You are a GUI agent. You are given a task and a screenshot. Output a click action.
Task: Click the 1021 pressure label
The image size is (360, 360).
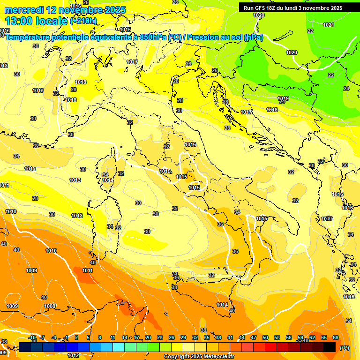coord(329,25)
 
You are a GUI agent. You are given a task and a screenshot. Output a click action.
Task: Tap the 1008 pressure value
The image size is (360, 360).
coord(50,306)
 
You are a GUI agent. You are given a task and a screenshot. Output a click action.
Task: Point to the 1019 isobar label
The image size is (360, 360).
coord(283,98)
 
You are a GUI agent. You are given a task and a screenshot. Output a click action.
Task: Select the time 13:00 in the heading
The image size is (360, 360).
coord(19,21)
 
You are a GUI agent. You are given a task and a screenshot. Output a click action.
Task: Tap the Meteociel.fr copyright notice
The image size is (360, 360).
coord(199,356)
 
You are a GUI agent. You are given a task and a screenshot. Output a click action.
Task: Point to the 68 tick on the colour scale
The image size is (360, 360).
coord(336,337)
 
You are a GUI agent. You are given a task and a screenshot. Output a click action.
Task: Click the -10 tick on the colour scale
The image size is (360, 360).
coord(32,337)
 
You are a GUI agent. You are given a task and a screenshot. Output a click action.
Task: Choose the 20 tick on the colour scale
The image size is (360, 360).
coord(148,337)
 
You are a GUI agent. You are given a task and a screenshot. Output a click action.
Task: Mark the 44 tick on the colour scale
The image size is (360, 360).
coord(242,337)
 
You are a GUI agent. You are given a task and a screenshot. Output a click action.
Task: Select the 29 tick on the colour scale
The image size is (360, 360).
coord(183,337)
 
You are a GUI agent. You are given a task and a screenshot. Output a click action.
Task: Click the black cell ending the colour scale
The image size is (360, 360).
coord(330,347)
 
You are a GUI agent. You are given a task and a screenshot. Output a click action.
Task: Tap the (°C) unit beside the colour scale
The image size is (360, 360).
coord(345,347)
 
